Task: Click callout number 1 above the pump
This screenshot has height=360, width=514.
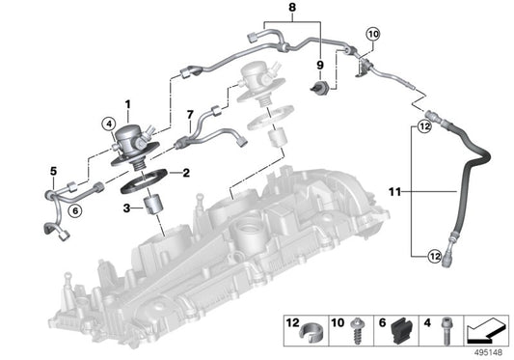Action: tap(125, 103)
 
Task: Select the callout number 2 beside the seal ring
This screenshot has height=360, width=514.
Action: tap(187, 173)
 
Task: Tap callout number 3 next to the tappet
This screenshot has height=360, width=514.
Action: tap(126, 207)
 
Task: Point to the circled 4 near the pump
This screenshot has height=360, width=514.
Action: tap(108, 123)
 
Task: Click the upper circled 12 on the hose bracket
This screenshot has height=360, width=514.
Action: tap(421, 125)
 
